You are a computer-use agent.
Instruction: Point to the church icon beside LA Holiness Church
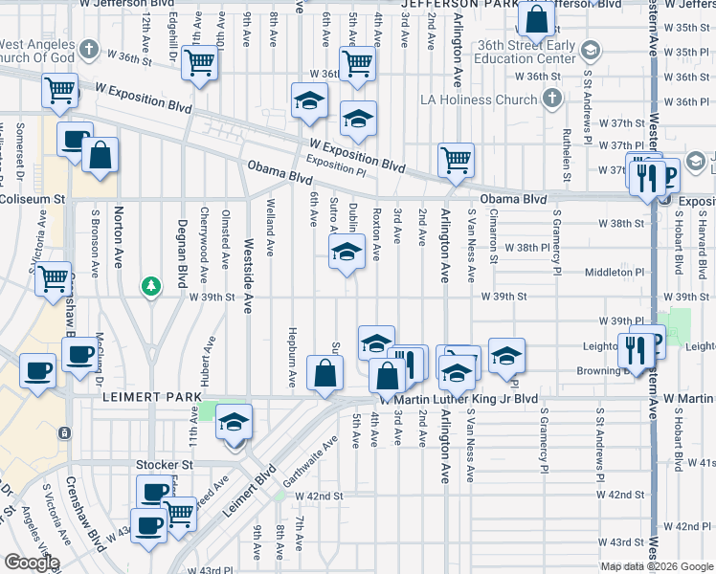pos(550,99)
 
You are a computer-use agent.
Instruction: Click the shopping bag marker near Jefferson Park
pos(538,18)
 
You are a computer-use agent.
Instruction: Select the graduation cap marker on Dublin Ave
pos(347,254)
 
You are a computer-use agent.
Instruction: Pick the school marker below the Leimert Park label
pos(234,422)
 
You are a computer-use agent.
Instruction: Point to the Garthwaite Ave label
pos(320,454)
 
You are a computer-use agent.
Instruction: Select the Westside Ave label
pos(247,263)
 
